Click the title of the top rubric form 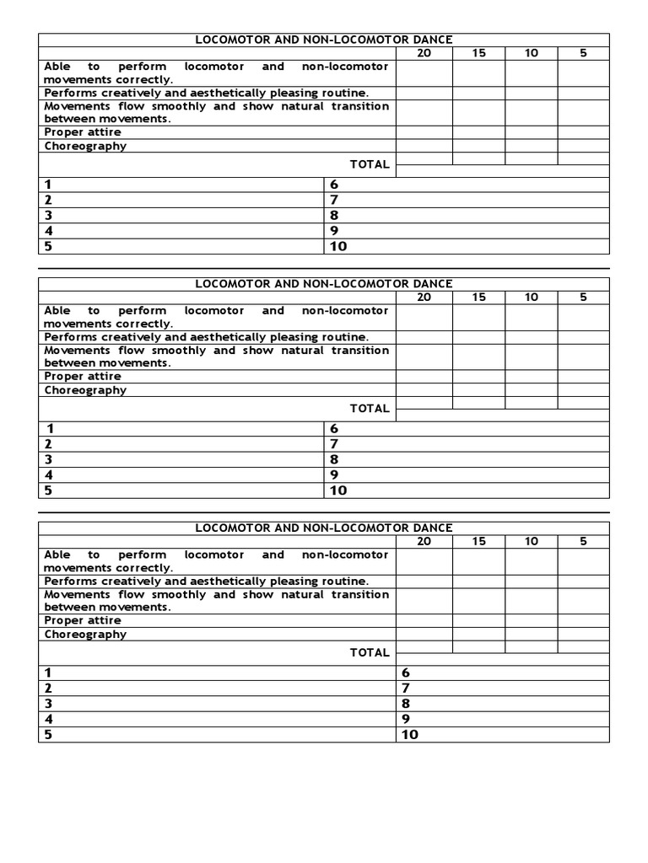tap(324, 40)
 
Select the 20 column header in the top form tap(424, 53)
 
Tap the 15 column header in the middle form tap(478, 297)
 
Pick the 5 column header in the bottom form tap(583, 541)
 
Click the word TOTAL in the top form tap(370, 164)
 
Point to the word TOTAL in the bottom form tap(370, 652)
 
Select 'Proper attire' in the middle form tap(83, 376)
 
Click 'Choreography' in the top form tap(85, 146)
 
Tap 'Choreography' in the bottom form tap(85, 634)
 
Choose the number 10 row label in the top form tap(338, 246)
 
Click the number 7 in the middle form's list tap(334, 443)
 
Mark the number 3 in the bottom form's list tap(49, 703)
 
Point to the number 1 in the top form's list tap(49, 184)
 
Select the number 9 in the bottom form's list tap(406, 718)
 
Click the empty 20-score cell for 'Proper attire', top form tap(424, 132)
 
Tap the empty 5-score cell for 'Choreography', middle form tap(583, 389)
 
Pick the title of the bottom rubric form tap(324, 528)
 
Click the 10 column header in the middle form tap(531, 297)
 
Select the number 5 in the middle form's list tap(49, 490)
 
